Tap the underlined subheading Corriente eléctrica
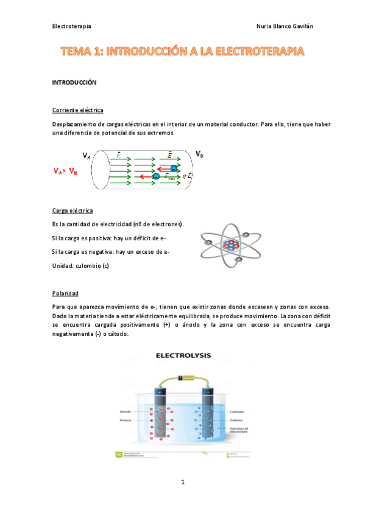[78, 110]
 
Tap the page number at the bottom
[182, 483]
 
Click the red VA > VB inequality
[66, 172]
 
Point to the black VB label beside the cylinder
[199, 154]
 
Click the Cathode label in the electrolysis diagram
[238, 412]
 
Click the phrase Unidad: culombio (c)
[80, 266]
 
